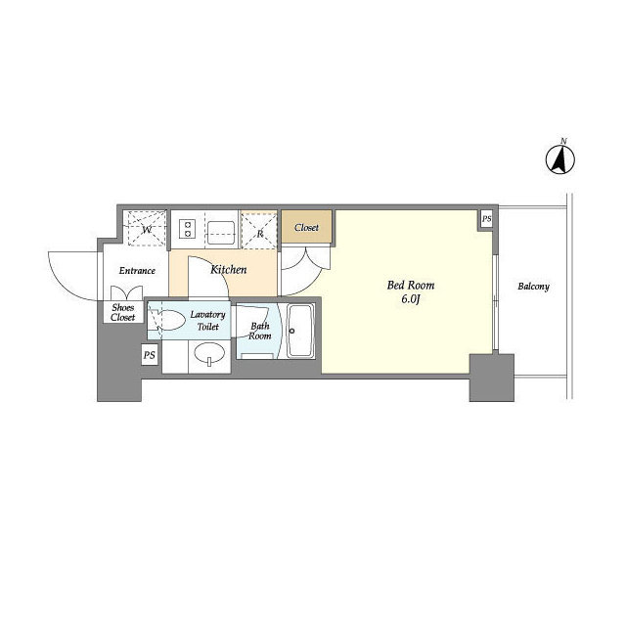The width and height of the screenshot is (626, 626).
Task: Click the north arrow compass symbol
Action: [560, 159]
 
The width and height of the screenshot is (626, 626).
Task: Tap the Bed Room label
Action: [411, 285]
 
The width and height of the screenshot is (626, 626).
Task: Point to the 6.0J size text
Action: [411, 300]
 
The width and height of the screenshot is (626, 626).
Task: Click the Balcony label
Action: [533, 287]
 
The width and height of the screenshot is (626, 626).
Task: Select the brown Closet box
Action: [306, 226]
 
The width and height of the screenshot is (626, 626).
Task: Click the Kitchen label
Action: [228, 270]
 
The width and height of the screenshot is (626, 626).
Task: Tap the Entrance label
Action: [137, 271]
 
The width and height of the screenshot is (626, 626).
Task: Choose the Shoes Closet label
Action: [123, 312]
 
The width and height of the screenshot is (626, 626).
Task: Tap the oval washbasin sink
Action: [209, 354]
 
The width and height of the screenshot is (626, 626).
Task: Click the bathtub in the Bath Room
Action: [300, 331]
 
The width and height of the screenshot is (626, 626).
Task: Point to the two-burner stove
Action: [187, 229]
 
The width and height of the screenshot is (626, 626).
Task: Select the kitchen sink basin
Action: [221, 233]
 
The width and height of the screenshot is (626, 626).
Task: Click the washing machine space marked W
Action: [147, 228]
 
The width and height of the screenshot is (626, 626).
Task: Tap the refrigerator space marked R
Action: [259, 231]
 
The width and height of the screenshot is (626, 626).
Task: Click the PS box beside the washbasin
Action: [150, 355]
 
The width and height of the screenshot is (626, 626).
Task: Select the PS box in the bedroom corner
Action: [486, 219]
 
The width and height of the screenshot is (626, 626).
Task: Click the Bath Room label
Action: [259, 331]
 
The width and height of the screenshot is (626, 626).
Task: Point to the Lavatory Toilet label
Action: [207, 321]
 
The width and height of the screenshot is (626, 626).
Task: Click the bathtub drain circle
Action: [291, 331]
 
